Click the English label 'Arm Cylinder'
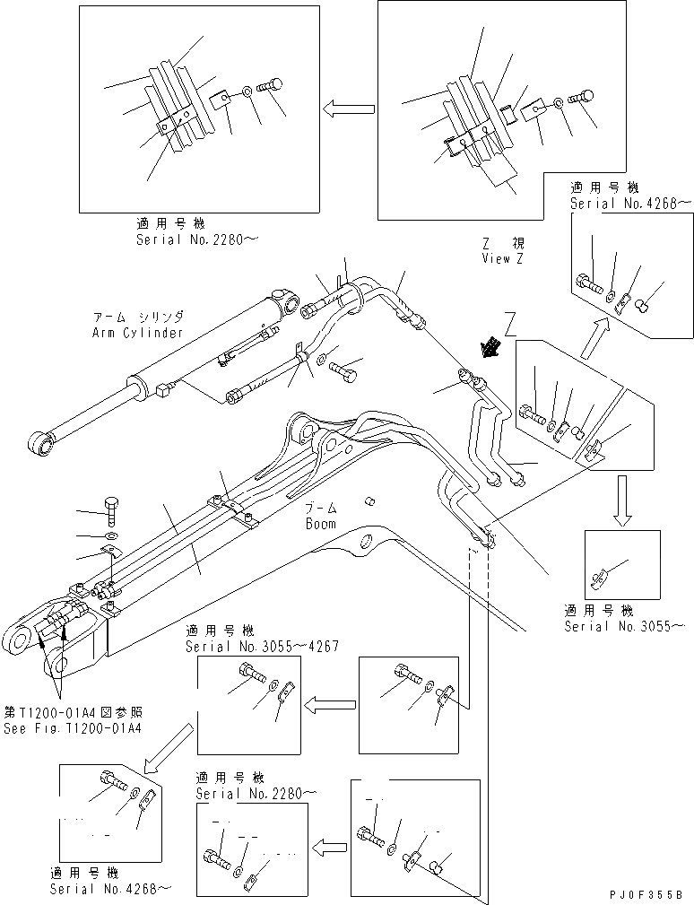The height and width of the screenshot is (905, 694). [x=137, y=333]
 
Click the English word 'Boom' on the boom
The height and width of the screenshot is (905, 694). [x=319, y=524]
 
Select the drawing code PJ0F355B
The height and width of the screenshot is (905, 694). [x=644, y=894]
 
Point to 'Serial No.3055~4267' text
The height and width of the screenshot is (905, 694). [x=261, y=647]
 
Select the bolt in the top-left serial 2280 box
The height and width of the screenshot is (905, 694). [x=269, y=87]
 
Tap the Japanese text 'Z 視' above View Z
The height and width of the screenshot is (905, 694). [x=503, y=243]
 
